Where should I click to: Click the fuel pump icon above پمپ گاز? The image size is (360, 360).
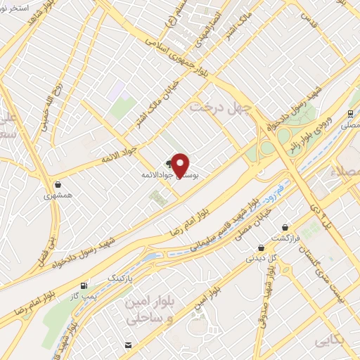[85, 285]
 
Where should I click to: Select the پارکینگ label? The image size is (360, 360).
[119, 278]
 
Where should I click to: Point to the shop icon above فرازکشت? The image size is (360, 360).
[285, 227]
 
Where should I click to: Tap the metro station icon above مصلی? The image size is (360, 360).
[349, 113]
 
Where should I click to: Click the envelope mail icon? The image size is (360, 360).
[129, 344]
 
